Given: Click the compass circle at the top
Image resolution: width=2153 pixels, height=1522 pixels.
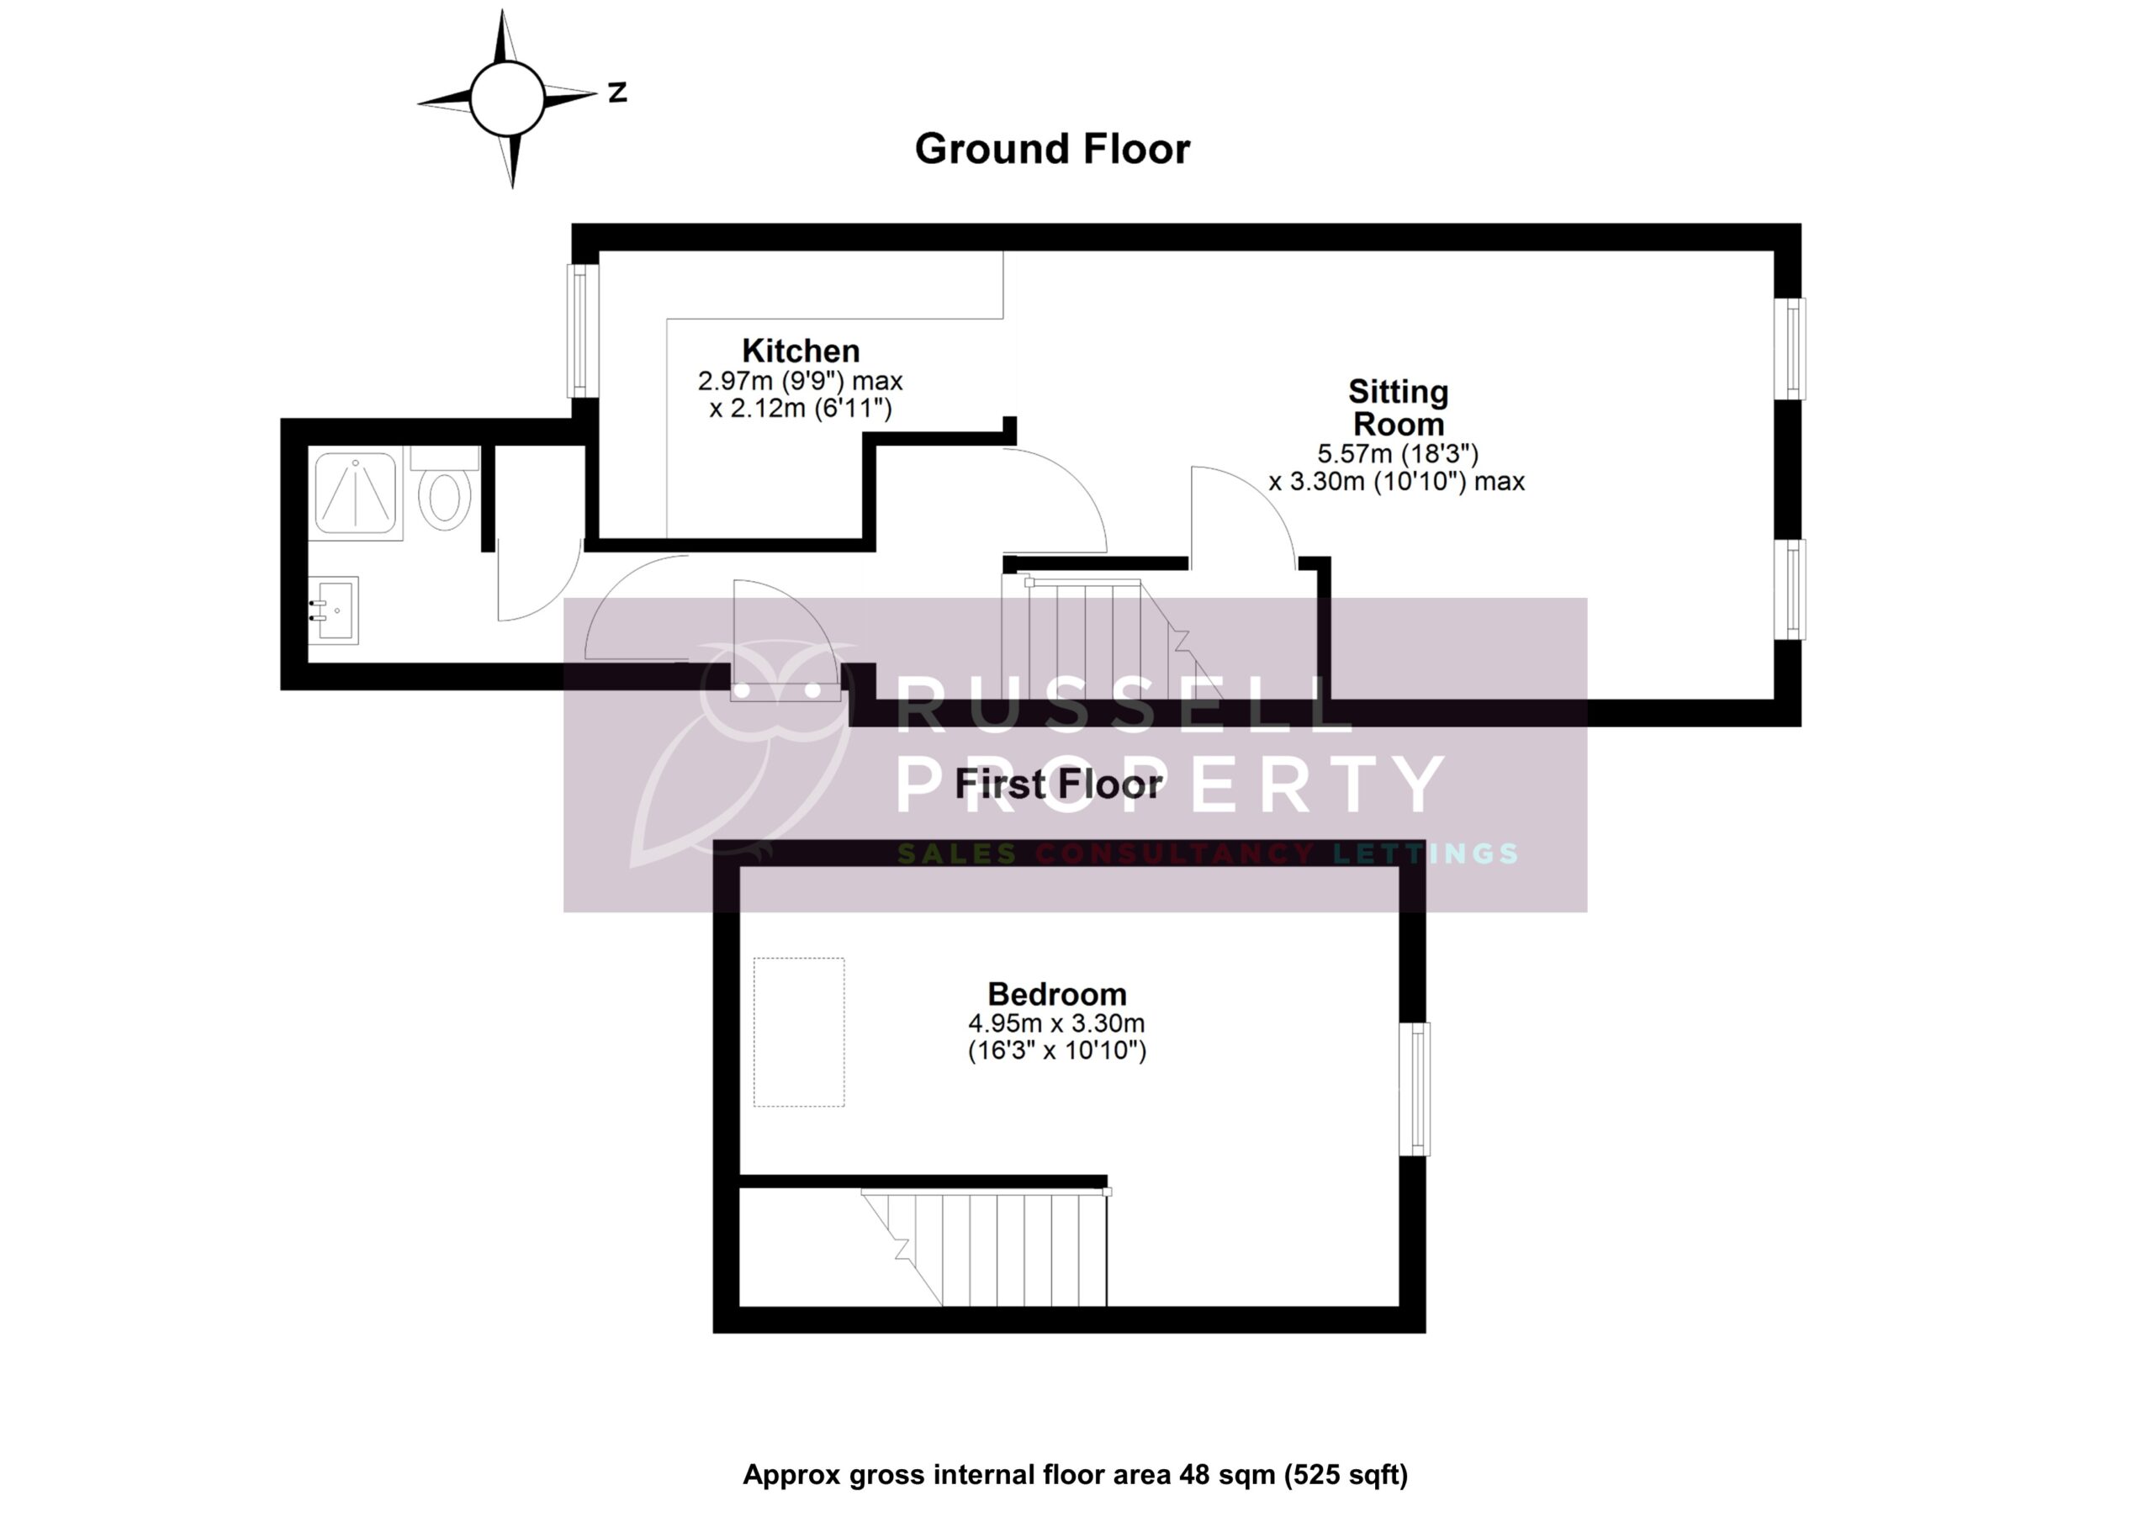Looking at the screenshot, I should [x=506, y=98].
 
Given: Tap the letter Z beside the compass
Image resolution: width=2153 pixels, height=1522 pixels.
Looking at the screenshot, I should [x=617, y=92].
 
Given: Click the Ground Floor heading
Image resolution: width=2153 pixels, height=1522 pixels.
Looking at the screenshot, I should [x=1052, y=149].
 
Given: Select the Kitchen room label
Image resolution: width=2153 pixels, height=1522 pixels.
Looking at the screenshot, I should [x=801, y=351].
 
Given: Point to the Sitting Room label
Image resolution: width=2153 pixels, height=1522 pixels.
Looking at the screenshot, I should [x=1398, y=408].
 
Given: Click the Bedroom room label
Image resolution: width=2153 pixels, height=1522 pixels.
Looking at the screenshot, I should [x=1057, y=993].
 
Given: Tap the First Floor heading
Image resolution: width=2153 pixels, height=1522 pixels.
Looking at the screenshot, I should [x=1059, y=784].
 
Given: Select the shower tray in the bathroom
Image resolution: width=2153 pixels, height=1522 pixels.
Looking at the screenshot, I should [x=356, y=494].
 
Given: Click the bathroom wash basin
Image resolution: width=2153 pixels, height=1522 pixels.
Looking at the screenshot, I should [x=335, y=610].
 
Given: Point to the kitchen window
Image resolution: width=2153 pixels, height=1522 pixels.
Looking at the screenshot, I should [x=582, y=331].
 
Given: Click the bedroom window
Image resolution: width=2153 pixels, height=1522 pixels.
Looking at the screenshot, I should [x=1415, y=1089].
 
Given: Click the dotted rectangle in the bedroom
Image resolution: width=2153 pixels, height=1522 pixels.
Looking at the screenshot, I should [x=799, y=1032].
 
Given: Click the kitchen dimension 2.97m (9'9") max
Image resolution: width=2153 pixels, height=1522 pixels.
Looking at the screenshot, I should [x=800, y=382].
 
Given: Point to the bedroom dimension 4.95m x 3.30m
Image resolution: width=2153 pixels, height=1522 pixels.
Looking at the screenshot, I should [x=1057, y=1023].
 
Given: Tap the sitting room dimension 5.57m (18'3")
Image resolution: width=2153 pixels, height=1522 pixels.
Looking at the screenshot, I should [x=1397, y=454].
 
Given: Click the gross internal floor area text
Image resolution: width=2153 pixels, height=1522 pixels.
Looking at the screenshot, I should [x=1076, y=1475].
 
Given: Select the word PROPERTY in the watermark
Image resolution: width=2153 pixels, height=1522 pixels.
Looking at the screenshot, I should [x=1169, y=784].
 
